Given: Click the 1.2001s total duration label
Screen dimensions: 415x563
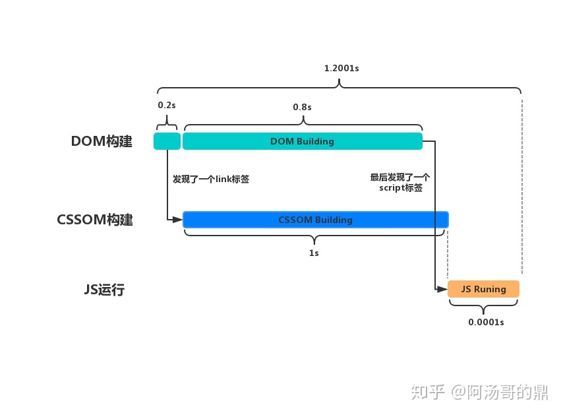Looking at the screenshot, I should click(341, 68).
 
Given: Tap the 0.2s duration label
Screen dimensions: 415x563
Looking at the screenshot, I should click(166, 106).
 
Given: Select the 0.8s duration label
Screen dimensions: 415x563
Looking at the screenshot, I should click(302, 106).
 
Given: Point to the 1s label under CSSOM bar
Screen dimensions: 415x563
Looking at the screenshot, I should click(314, 253).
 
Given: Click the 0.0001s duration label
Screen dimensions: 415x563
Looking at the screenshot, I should click(486, 322).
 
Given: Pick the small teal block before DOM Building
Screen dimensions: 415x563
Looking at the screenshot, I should click(167, 141).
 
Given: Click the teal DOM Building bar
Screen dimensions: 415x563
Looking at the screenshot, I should click(302, 141).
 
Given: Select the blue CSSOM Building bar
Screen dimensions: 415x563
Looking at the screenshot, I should click(315, 220).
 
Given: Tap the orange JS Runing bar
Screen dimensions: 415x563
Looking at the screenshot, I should click(483, 289).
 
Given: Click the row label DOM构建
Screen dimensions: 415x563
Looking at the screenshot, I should click(102, 141).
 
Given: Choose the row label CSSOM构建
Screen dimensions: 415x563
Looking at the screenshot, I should click(95, 220).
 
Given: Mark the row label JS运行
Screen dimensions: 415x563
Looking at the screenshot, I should click(102, 289).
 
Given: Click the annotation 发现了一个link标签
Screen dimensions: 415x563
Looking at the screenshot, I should click(211, 179).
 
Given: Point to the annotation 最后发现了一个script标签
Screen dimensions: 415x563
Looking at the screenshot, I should click(400, 182).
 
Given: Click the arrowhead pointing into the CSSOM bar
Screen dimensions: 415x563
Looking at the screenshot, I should click(178, 220).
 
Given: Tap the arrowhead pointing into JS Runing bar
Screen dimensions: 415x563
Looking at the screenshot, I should click(443, 289).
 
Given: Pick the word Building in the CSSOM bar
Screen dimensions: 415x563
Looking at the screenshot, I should click(334, 220).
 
